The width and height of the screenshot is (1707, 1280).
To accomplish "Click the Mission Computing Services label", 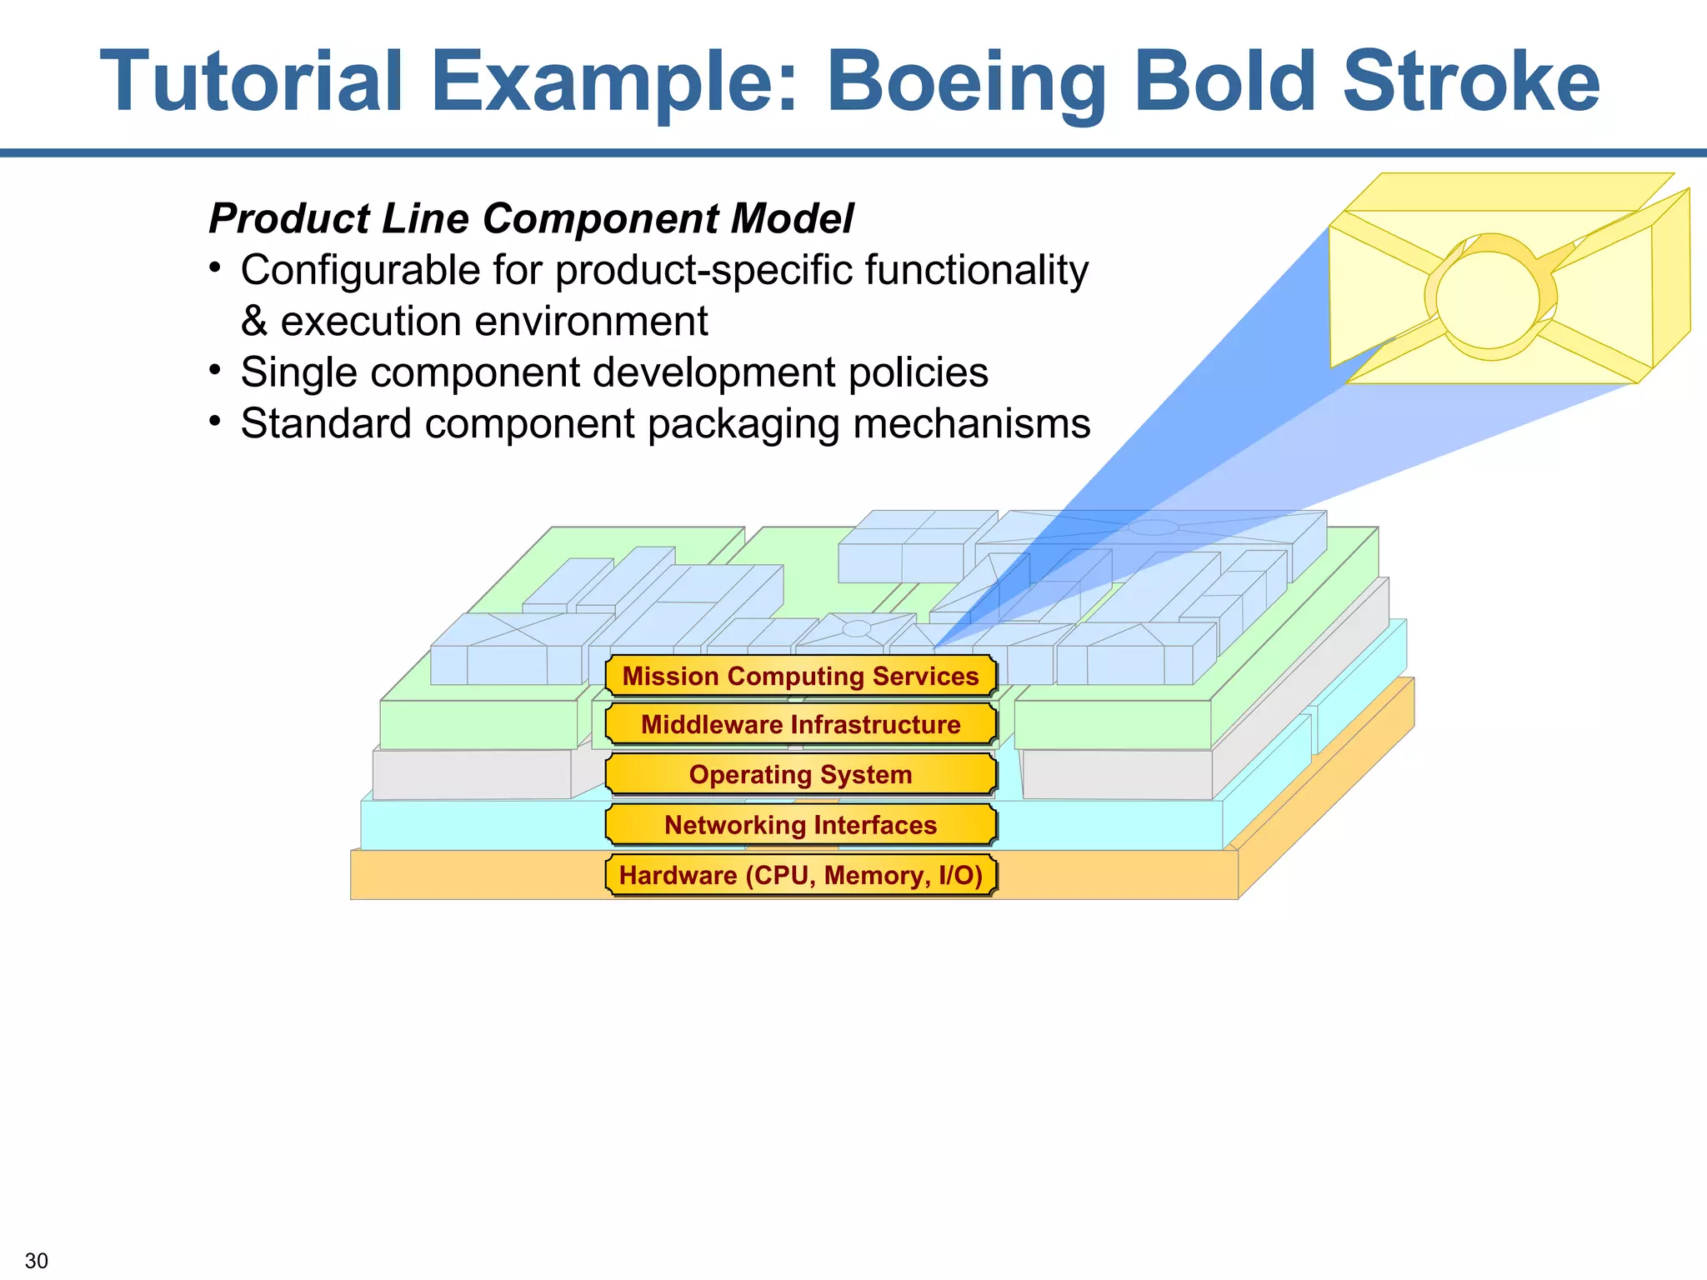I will tap(800, 676).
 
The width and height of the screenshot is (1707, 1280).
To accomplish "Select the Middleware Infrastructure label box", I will tap(800, 725).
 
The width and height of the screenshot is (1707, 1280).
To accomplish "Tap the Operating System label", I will tap(800, 775).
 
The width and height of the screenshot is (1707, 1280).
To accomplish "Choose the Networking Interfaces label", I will tap(800, 825).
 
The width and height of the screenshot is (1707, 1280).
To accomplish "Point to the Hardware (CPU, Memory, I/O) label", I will tap(800, 876).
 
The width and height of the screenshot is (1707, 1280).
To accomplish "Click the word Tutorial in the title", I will tap(251, 81).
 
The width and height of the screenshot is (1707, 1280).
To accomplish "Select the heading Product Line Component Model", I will tap(531, 219).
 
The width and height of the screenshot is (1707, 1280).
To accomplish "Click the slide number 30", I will tap(37, 1260).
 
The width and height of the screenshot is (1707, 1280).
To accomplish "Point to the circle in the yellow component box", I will tap(1489, 298).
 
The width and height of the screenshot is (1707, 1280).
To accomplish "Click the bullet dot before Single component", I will tap(215, 369).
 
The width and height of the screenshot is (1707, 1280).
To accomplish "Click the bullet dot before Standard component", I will tap(215, 421).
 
